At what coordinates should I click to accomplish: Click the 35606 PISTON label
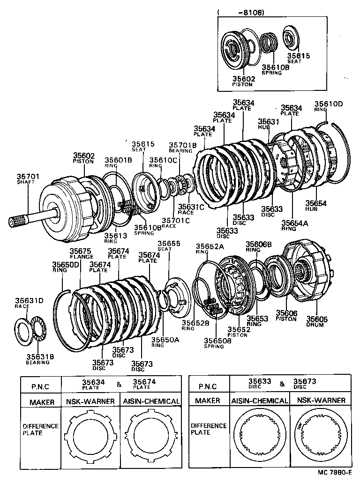pos(286,316)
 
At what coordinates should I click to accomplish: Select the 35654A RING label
pos(294,226)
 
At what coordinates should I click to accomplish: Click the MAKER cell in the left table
pos(42,402)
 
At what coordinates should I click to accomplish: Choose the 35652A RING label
pos(210,248)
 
